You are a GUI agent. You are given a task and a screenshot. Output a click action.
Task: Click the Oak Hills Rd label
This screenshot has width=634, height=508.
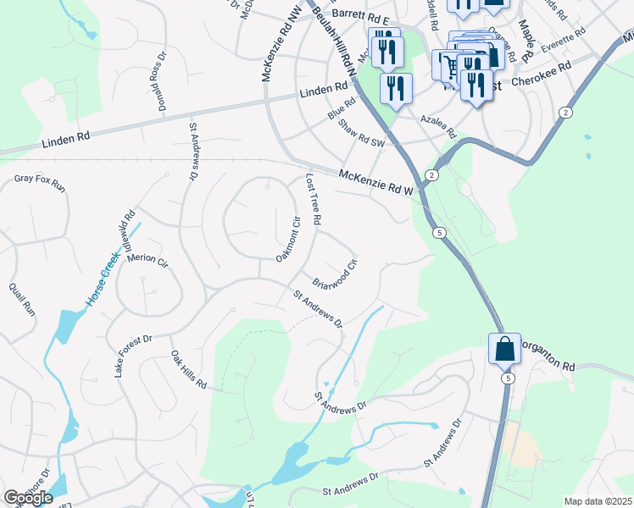pyautogui.click(x=188, y=369)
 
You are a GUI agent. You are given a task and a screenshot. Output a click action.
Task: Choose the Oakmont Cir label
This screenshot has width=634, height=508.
pyautogui.click(x=289, y=240)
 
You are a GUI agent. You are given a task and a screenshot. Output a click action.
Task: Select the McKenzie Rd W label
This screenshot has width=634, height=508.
pyautogui.click(x=375, y=183)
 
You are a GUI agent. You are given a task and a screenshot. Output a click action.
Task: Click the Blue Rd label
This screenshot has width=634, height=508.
pyautogui.click(x=342, y=108)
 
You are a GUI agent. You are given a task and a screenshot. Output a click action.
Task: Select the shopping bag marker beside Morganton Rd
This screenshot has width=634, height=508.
pyautogui.click(x=504, y=349)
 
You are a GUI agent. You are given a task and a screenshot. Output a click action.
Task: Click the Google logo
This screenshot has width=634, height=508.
pyautogui.click(x=28, y=498)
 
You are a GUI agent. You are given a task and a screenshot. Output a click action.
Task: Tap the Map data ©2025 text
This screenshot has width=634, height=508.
pyautogui.click(x=598, y=501)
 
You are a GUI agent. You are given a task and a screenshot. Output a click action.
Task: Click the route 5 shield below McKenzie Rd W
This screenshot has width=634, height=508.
pyautogui.click(x=438, y=232)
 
